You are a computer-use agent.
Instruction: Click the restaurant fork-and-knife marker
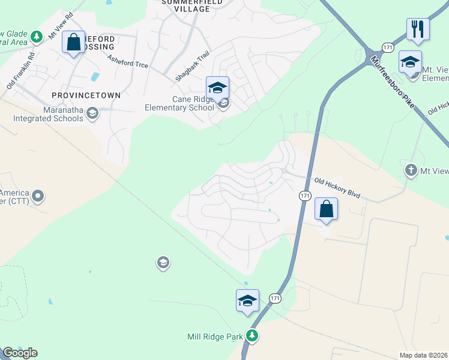pyautogui.click(x=417, y=29)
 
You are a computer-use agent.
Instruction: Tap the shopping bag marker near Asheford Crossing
pyautogui.click(x=74, y=43)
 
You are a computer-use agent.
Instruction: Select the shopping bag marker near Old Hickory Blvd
pyautogui.click(x=326, y=209)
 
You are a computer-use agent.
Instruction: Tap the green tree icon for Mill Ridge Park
pyautogui.click(x=253, y=335)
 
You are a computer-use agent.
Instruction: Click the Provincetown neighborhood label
pyautogui.click(x=86, y=95)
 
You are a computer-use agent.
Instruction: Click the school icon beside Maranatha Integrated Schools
pyautogui.click(x=92, y=113)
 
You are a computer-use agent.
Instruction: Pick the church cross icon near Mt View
pyautogui.click(x=411, y=171)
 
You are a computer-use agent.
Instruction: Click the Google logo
pyautogui.click(x=20, y=353)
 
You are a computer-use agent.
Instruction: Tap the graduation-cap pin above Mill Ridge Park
pyautogui.click(x=247, y=301)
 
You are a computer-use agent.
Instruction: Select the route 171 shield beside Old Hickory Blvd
pyautogui.click(x=304, y=196)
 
